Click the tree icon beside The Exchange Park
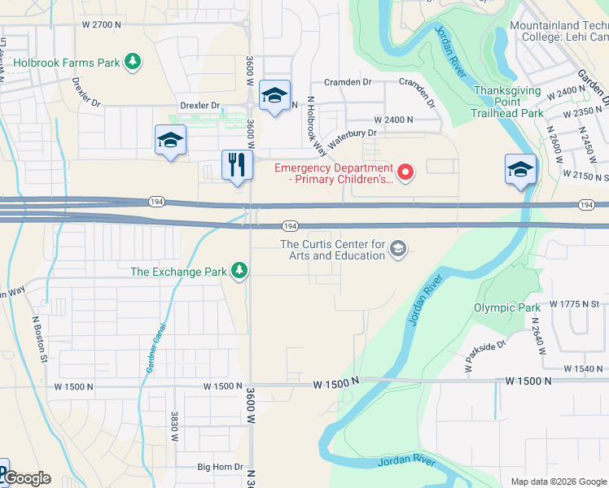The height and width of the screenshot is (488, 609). [x=239, y=270]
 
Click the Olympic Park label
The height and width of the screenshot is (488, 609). [x=506, y=307]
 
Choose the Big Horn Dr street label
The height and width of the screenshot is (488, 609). [x=221, y=467]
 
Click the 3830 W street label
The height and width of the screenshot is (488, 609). [x=174, y=425]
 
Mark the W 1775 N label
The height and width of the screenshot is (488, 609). [x=573, y=303]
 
